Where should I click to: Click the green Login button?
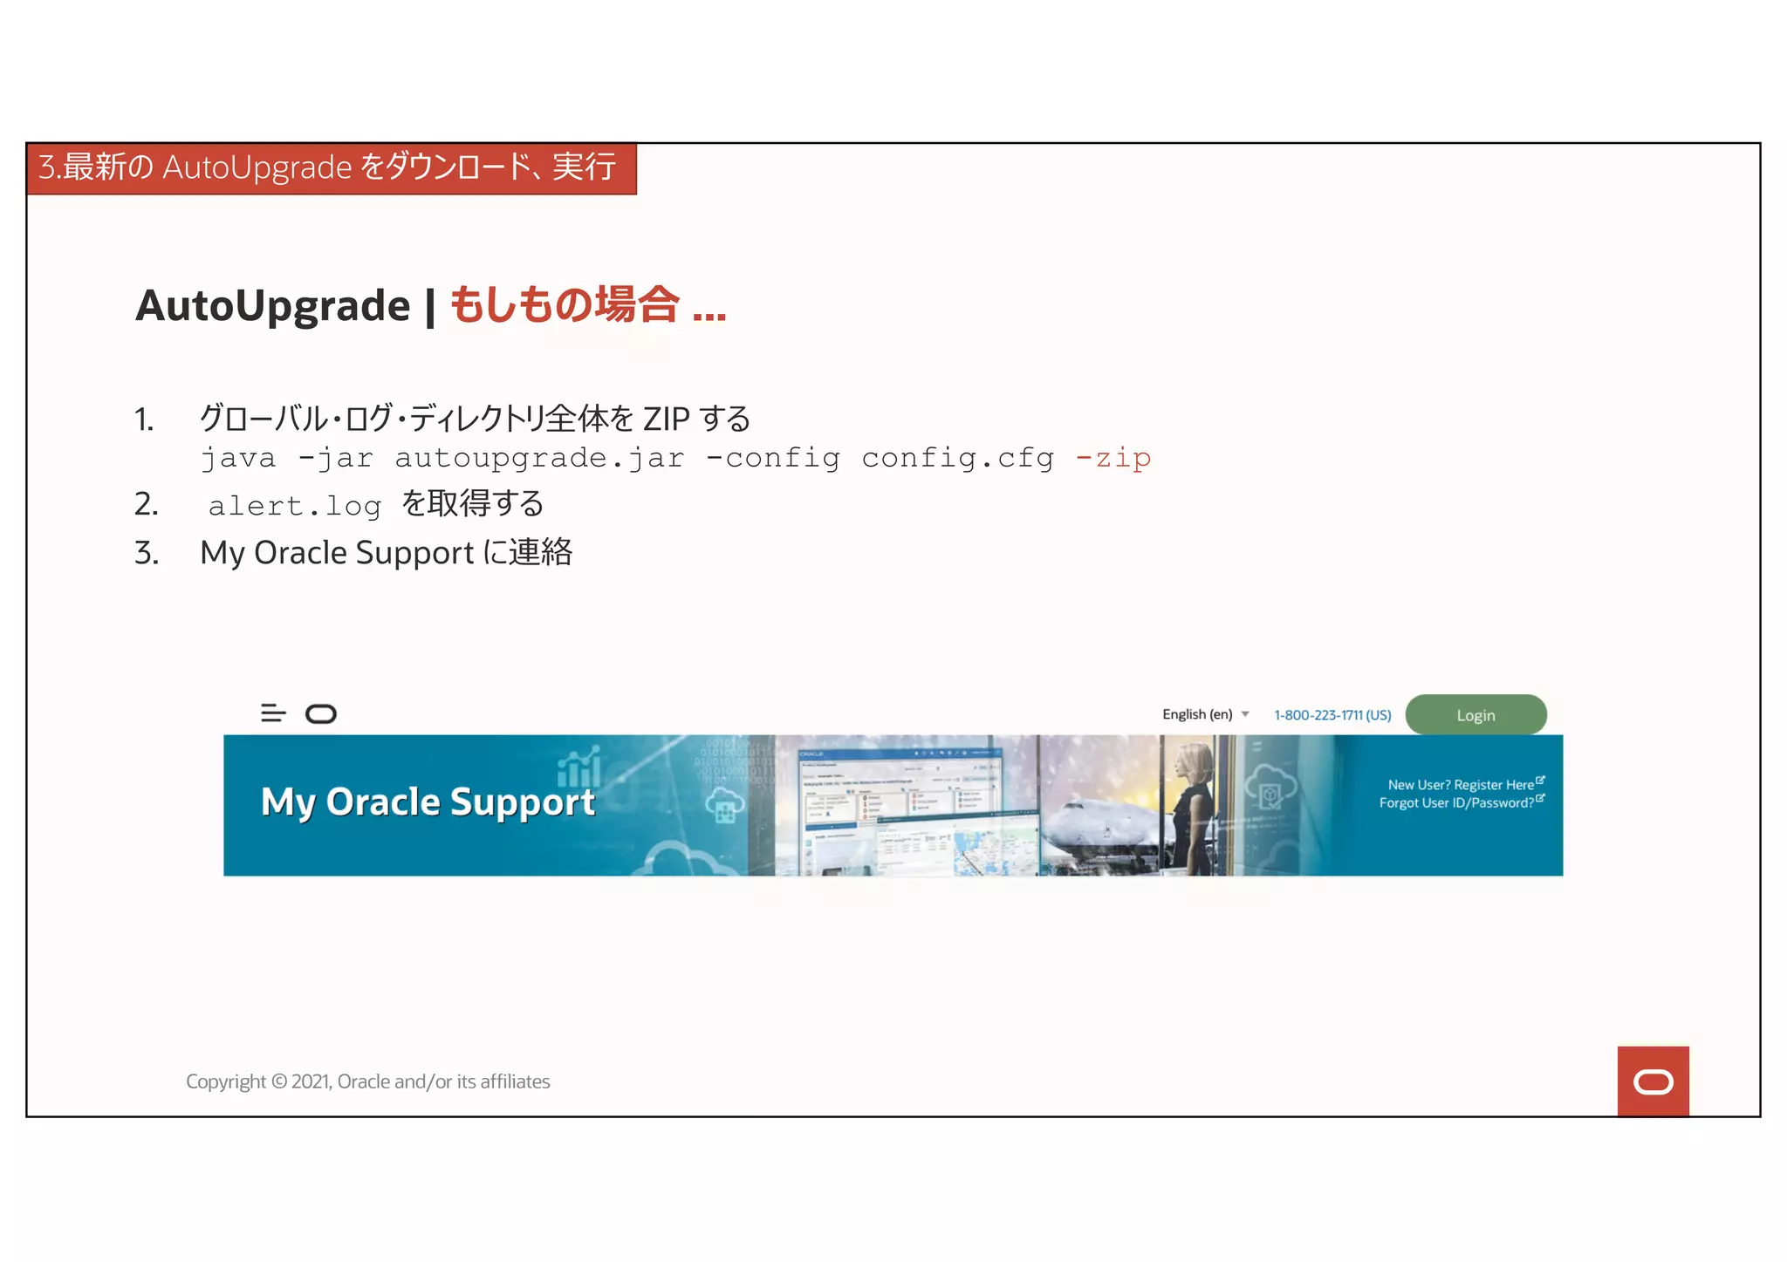point(1475,715)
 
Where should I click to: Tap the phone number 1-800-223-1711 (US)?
point(1332,715)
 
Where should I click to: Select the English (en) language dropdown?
point(1205,714)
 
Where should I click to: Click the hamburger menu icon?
point(273,713)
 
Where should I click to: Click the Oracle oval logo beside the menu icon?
point(321,714)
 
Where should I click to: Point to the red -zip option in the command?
point(1113,458)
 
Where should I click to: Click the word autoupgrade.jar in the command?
point(539,458)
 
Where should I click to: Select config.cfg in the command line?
point(957,458)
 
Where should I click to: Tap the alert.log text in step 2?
point(295,506)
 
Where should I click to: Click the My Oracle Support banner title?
point(428,802)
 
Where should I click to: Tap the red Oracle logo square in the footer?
point(1653,1081)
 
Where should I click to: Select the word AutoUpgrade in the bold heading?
point(272,306)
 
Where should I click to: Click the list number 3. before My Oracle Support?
point(147,553)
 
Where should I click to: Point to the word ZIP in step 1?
point(666,420)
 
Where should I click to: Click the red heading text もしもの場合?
point(564,306)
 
